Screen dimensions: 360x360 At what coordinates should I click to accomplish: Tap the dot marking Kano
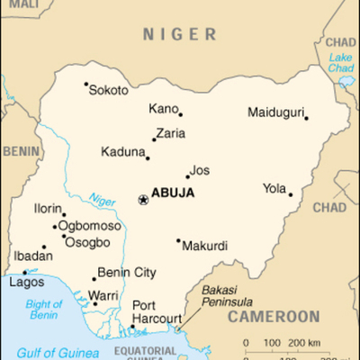pyautogui.click(x=180, y=114)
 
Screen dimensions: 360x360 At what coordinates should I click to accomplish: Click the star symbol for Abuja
pyautogui.click(x=142, y=199)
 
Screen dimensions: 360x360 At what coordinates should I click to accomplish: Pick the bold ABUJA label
pyautogui.click(x=173, y=193)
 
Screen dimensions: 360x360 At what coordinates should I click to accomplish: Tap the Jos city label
pyautogui.click(x=201, y=169)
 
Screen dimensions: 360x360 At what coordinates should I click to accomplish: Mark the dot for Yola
pyautogui.click(x=290, y=194)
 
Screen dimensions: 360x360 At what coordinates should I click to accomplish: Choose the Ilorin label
pyautogui.click(x=49, y=208)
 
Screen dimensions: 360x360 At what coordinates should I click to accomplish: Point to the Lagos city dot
pyautogui.click(x=24, y=272)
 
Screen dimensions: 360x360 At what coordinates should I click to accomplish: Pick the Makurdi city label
pyautogui.click(x=205, y=245)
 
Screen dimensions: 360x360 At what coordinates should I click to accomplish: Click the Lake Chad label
pyautogui.click(x=340, y=63)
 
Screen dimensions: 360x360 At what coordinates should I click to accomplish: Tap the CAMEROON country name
pyautogui.click(x=274, y=317)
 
